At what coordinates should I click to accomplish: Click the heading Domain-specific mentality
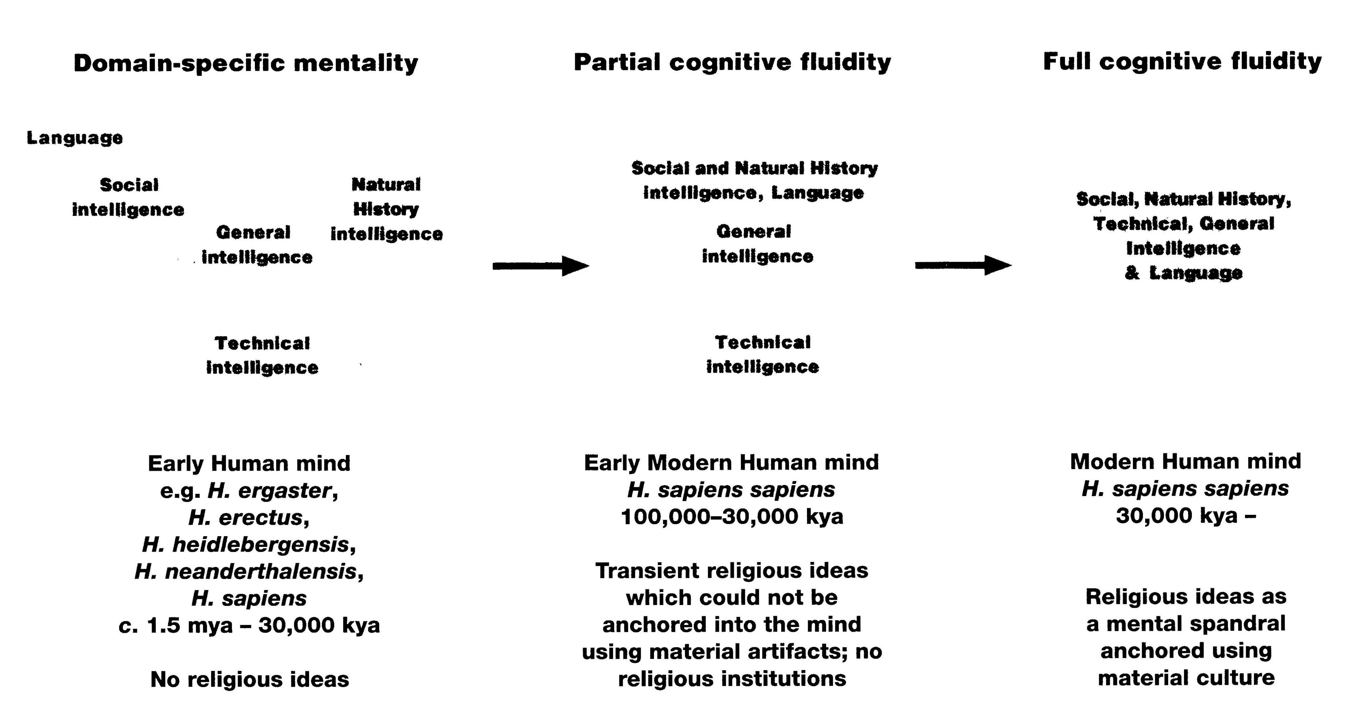coord(245,63)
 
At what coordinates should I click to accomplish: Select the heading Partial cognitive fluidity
coord(732,62)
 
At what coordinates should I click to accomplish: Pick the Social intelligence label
coord(128,197)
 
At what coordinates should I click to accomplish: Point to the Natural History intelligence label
coord(386,209)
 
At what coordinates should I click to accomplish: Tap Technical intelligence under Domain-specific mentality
coord(262,355)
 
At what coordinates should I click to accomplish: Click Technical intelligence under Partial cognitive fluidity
coord(762,354)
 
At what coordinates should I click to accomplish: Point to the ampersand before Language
coord(1132,273)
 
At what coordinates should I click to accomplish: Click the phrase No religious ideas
coord(250,679)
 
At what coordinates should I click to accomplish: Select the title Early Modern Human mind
coord(731,463)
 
